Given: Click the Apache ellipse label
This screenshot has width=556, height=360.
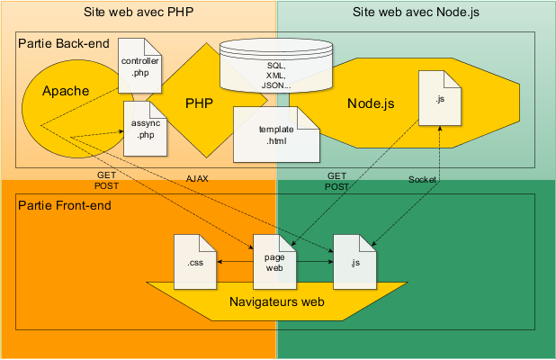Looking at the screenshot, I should [66, 91].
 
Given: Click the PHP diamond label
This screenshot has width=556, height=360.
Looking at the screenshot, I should [199, 103].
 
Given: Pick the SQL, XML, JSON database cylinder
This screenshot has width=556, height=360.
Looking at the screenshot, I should [277, 66].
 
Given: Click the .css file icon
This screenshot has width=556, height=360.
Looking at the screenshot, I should [195, 262].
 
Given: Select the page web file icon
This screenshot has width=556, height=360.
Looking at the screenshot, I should [274, 262].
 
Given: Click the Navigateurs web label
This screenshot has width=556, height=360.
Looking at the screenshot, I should [277, 302].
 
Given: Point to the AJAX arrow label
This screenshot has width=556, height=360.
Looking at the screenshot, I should [197, 179].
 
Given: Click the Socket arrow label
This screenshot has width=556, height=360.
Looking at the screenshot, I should [422, 179].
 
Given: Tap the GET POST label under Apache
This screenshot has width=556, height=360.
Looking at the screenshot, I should [107, 180].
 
